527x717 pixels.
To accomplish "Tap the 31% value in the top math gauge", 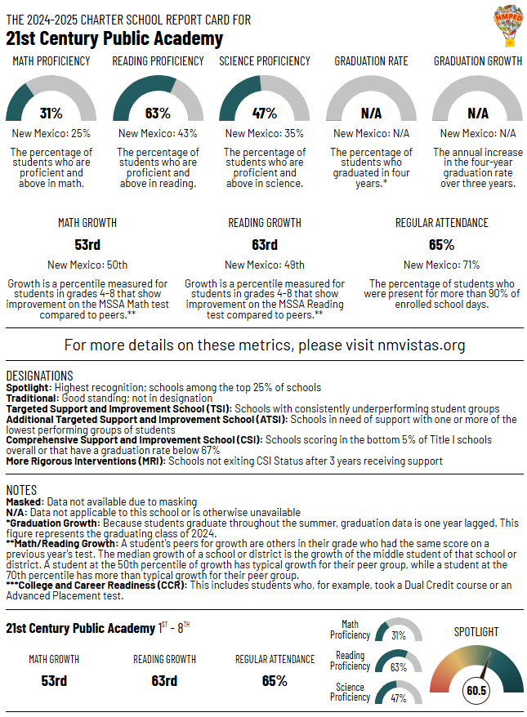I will [51, 114].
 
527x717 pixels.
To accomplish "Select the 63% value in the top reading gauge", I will [158, 114].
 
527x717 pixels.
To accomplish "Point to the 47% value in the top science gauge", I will [265, 114].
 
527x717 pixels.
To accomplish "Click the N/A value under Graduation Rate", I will [371, 114].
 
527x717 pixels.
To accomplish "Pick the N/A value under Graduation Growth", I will [478, 114].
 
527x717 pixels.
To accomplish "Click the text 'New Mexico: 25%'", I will [51, 133].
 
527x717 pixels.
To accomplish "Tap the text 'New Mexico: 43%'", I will [158, 133].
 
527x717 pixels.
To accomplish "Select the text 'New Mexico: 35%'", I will [265, 133].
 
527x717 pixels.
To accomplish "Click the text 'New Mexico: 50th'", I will [87, 265].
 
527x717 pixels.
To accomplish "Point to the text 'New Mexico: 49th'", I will [265, 265].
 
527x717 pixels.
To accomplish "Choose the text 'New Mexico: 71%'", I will [442, 265].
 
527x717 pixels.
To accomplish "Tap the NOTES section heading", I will [21, 490].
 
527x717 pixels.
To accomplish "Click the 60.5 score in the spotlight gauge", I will [476, 690].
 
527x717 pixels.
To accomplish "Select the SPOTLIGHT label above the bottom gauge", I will [476, 631].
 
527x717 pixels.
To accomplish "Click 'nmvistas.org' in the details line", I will [422, 345].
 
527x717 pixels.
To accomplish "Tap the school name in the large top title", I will [114, 38].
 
